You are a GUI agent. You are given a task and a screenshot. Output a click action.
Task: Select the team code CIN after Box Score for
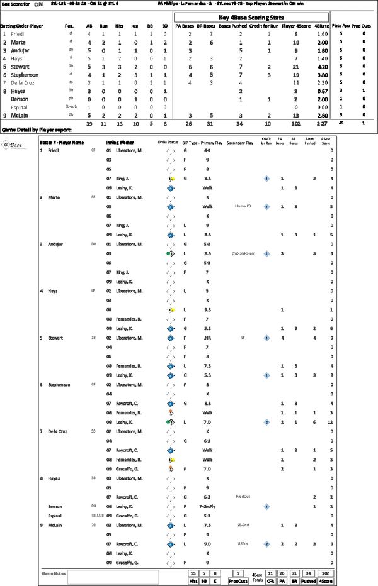coord(37,4)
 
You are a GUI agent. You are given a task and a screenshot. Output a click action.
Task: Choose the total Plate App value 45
coord(341,124)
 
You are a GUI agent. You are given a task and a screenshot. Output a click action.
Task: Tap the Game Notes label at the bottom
coord(52,574)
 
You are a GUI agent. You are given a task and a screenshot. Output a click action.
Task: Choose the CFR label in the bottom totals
coord(269,582)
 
